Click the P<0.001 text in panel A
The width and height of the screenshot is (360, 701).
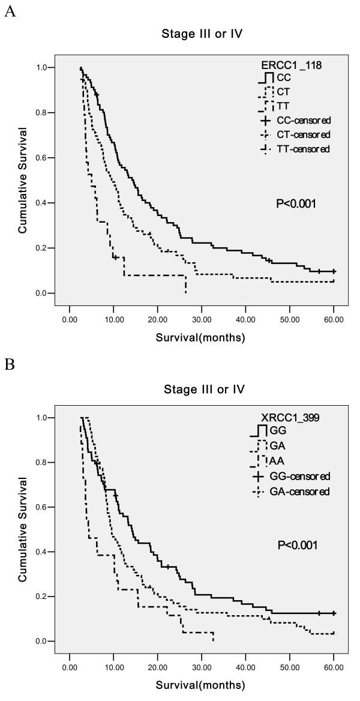click(x=296, y=204)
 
